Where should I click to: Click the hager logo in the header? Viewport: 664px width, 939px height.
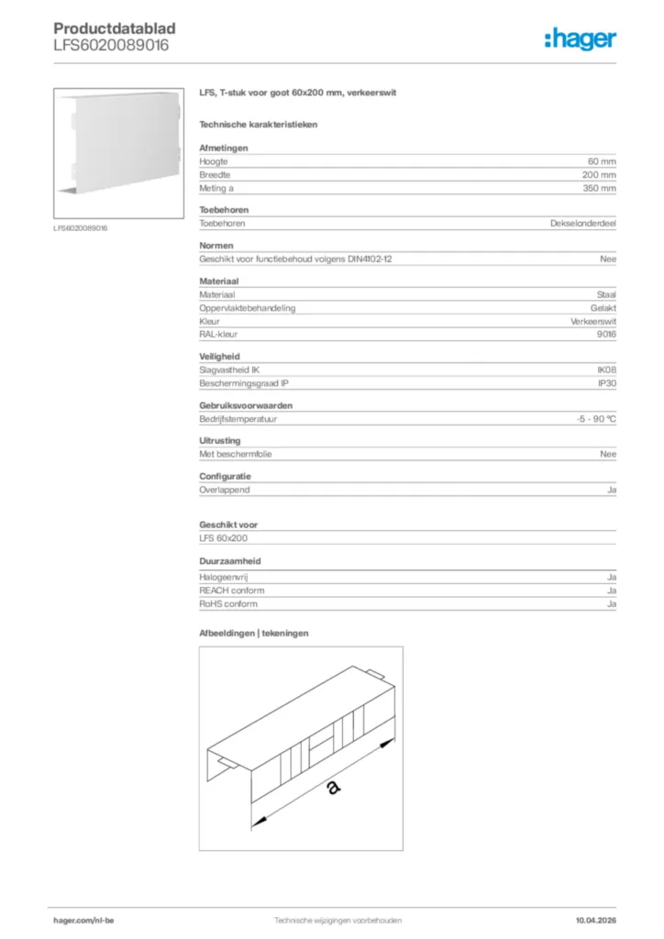(580, 38)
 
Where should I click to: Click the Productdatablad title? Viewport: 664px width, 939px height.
(115, 28)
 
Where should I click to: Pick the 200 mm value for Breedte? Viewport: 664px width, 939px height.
(599, 174)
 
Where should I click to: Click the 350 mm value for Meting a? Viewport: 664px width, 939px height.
(599, 188)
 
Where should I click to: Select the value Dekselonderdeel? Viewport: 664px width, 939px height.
(582, 223)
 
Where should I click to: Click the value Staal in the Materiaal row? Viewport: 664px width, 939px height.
(606, 295)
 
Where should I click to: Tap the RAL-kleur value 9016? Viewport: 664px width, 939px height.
(606, 335)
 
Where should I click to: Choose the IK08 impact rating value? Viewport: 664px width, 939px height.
(606, 370)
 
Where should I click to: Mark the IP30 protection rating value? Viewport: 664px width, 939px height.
(606, 382)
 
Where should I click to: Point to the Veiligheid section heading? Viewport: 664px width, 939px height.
(220, 356)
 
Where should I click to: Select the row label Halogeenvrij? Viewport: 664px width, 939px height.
(224, 578)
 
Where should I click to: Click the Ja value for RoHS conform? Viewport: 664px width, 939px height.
(611, 604)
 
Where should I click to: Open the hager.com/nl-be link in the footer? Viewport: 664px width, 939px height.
(83, 920)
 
